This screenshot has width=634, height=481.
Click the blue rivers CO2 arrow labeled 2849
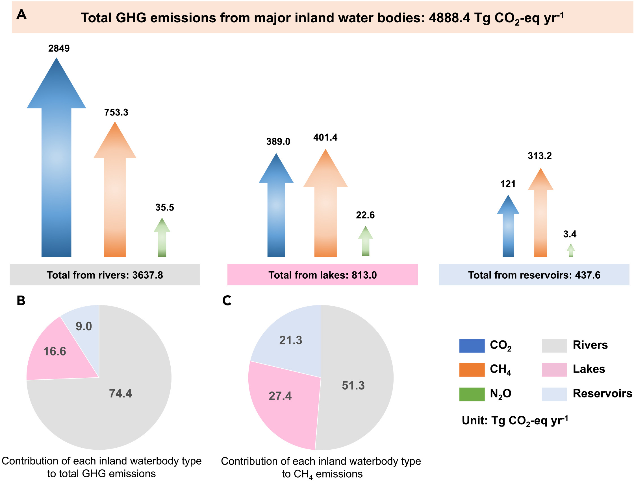click(56, 172)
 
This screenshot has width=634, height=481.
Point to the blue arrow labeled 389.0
click(276, 212)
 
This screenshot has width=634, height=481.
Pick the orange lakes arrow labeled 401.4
click(325, 212)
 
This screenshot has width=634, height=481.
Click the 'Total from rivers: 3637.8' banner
click(105, 275)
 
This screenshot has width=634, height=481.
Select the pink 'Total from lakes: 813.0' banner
click(322, 275)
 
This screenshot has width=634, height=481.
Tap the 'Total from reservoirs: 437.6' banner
click(534, 275)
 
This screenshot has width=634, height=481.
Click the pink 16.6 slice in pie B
click(55, 355)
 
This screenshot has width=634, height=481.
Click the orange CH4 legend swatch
click(472, 370)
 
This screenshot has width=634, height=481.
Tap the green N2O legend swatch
click(472, 394)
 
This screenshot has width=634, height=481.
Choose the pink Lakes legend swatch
click(554, 370)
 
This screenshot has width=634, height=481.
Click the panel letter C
click(227, 301)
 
